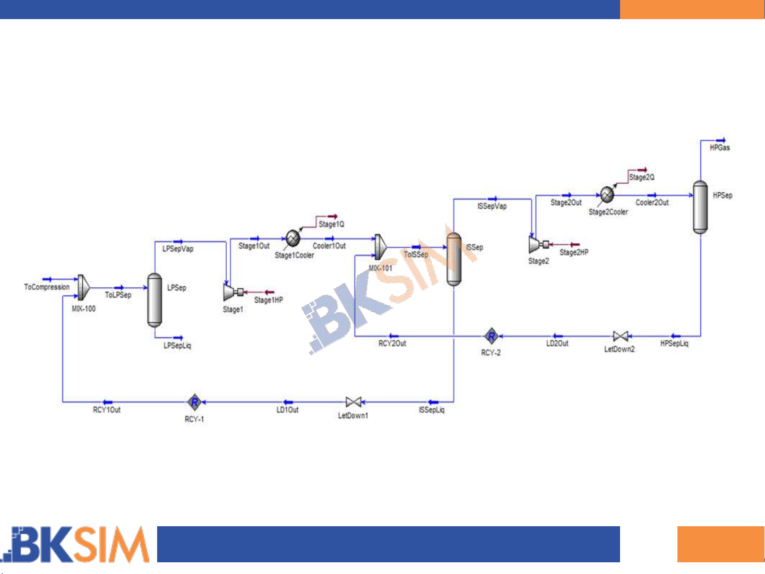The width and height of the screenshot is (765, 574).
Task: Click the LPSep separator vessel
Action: click(x=154, y=300)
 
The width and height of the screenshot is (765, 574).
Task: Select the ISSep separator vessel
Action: click(x=453, y=260)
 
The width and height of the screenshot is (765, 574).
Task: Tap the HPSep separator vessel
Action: click(x=700, y=207)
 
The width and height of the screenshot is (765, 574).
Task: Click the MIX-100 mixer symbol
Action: click(x=83, y=287)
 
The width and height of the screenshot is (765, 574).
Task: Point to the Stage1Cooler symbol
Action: click(x=293, y=238)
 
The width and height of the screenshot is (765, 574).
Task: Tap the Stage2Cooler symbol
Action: click(x=607, y=195)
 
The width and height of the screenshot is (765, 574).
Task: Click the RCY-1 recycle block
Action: click(x=194, y=402)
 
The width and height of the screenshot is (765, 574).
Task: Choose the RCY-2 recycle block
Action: click(x=491, y=336)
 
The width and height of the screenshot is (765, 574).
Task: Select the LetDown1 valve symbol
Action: click(x=353, y=402)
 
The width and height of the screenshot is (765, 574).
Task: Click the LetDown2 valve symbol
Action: click(x=620, y=336)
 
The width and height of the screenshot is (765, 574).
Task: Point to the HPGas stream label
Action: click(x=720, y=148)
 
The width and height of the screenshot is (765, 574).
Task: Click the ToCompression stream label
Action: click(x=47, y=287)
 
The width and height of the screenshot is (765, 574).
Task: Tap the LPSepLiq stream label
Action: click(x=177, y=346)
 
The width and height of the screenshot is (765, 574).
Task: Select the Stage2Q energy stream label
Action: click(x=642, y=177)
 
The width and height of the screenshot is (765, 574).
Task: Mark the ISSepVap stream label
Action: click(x=492, y=206)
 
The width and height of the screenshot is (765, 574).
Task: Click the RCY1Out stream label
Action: click(x=107, y=410)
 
